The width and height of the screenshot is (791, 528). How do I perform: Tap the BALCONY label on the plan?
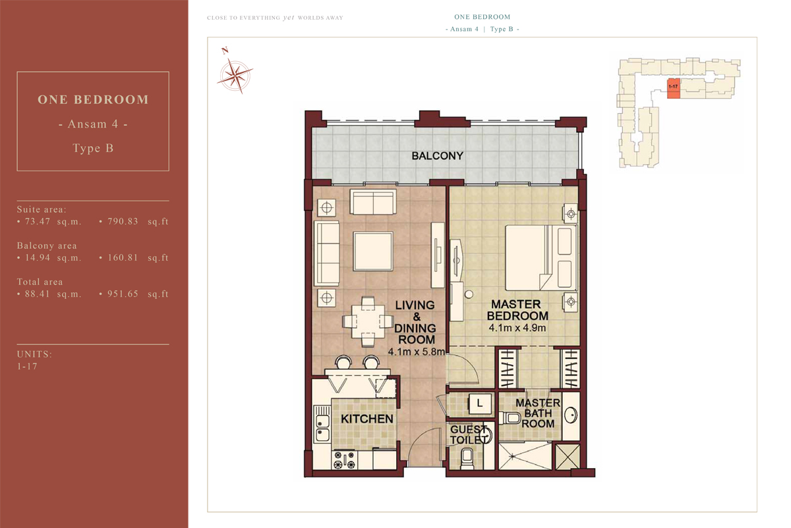tap(437, 156)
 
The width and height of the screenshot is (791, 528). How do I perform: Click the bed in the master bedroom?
tap(541, 258)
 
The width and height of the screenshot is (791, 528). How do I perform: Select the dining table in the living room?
tap(368, 321)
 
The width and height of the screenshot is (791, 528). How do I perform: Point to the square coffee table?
tap(373, 251)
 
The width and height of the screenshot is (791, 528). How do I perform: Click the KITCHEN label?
tap(367, 419)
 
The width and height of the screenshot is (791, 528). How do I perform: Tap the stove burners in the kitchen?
tap(344, 460)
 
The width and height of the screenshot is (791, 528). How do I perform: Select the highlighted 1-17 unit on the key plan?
tap(674, 88)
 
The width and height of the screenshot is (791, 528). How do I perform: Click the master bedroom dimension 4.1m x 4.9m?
tap(517, 328)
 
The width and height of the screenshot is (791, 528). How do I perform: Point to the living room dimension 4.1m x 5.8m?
tap(417, 352)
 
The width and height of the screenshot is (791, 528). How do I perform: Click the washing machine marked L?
tap(479, 403)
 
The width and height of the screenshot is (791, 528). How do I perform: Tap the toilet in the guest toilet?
tap(467, 458)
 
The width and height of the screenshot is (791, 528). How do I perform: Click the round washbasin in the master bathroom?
tap(571, 415)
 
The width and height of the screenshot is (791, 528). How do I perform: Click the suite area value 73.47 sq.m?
tap(49, 221)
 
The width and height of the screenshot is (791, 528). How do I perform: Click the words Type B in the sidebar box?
tap(93, 148)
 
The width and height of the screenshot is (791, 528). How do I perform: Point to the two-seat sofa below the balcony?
tap(373, 202)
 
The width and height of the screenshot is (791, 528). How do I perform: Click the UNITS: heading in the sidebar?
tap(34, 354)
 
